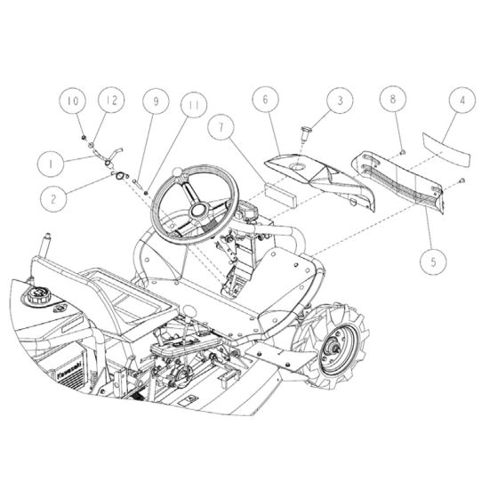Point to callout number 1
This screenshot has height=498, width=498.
point(52,164)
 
